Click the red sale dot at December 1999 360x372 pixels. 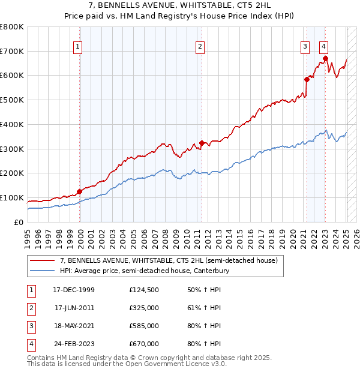[79, 191]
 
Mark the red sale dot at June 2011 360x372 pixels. [202, 143]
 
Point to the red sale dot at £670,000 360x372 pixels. [325, 58]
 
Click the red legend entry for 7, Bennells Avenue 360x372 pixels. [169, 261]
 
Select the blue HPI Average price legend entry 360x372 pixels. [145, 271]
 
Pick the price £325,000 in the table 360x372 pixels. [144, 308]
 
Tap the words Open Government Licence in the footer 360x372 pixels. [163, 364]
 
